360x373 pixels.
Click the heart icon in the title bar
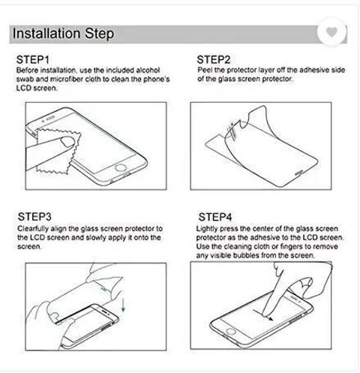click(331, 32)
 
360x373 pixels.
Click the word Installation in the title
click(46, 33)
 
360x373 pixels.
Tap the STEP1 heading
click(32, 60)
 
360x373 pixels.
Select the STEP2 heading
click(214, 60)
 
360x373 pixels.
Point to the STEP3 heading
click(34, 217)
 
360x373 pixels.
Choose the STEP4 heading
click(215, 217)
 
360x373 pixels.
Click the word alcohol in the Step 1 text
click(148, 71)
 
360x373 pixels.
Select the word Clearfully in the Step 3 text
click(33, 229)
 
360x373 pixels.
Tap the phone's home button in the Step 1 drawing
click(121, 167)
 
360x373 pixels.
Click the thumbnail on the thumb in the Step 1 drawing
click(67, 142)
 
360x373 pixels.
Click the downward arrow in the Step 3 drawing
click(123, 305)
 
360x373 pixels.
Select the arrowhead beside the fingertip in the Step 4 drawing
click(271, 318)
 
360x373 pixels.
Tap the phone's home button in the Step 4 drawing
click(231, 332)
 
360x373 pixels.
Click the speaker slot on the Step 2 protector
click(299, 173)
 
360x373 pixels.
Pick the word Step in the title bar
click(100, 34)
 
